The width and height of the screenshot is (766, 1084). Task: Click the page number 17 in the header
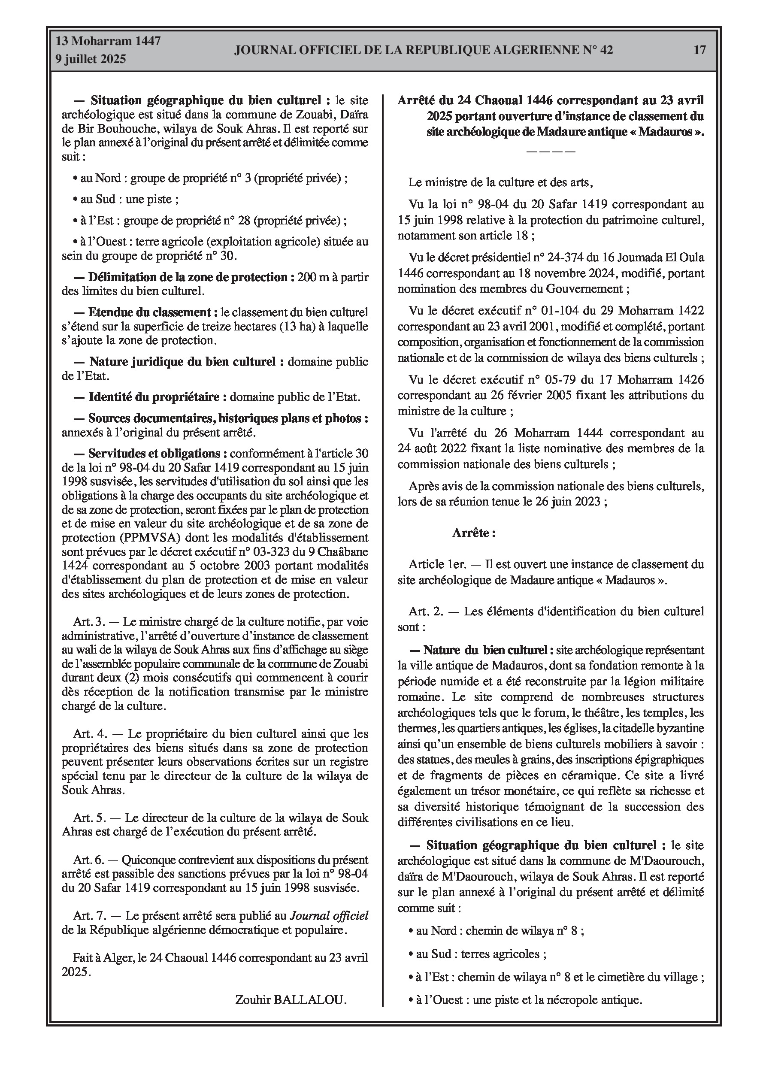tap(699, 50)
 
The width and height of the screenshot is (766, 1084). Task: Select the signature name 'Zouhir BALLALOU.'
tap(291, 999)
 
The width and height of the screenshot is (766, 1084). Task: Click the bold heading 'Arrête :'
tap(474, 533)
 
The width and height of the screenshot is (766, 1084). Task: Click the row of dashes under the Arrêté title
tap(550, 151)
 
